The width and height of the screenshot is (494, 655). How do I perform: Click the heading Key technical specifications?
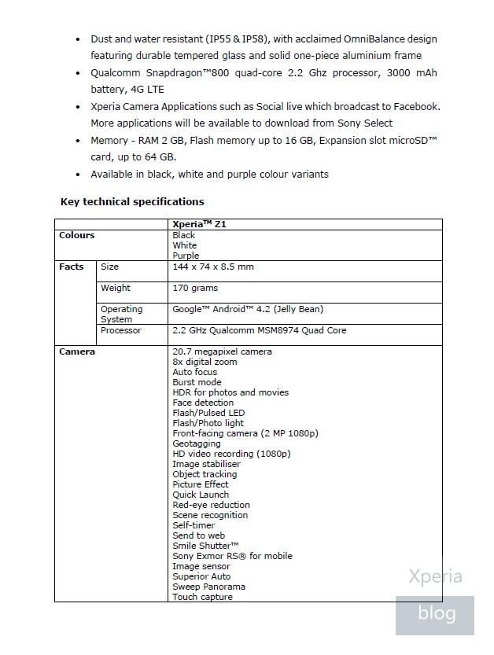pyautogui.click(x=132, y=202)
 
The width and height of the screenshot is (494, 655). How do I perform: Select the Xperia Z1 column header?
pyautogui.click(x=199, y=224)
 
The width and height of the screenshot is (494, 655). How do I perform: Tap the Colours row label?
pyautogui.click(x=76, y=235)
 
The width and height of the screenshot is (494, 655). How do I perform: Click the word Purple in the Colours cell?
pyautogui.click(x=186, y=256)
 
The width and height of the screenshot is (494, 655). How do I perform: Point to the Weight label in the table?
pyautogui.click(x=116, y=289)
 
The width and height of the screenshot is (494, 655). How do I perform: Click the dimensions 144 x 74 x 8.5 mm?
pyautogui.click(x=213, y=267)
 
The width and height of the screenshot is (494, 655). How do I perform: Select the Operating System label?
pyautogui.click(x=121, y=315)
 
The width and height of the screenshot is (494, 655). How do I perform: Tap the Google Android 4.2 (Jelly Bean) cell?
pyautogui.click(x=248, y=309)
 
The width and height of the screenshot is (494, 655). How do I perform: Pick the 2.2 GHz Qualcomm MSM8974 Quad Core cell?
pyautogui.click(x=259, y=330)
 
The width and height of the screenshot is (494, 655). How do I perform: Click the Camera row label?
pyautogui.click(x=77, y=351)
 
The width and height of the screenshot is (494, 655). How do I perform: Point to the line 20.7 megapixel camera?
pyautogui.click(x=222, y=351)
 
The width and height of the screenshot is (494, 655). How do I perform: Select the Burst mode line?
pyautogui.click(x=197, y=382)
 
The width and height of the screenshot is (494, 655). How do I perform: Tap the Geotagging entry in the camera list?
pyautogui.click(x=197, y=443)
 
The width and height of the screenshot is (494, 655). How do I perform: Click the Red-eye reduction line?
pyautogui.click(x=211, y=505)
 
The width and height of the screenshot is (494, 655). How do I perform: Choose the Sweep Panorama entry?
pyautogui.click(x=208, y=587)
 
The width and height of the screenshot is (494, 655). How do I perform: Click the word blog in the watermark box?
pyautogui.click(x=437, y=613)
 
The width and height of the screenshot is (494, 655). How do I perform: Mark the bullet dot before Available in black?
pyautogui.click(x=77, y=175)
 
